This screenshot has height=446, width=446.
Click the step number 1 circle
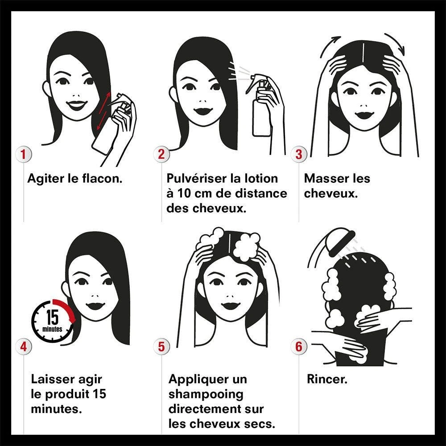pyautogui.click(x=23, y=154)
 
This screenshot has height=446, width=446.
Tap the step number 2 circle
pyautogui.click(x=161, y=154)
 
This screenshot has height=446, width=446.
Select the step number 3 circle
pyautogui.click(x=299, y=154)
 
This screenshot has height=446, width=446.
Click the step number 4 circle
pyautogui.click(x=23, y=347)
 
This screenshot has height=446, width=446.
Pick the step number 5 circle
pyautogui.click(x=161, y=347)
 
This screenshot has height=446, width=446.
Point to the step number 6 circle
pyautogui.click(x=299, y=347)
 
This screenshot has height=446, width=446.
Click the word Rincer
pyautogui.click(x=327, y=380)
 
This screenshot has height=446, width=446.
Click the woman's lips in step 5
pyautogui.click(x=231, y=306)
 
